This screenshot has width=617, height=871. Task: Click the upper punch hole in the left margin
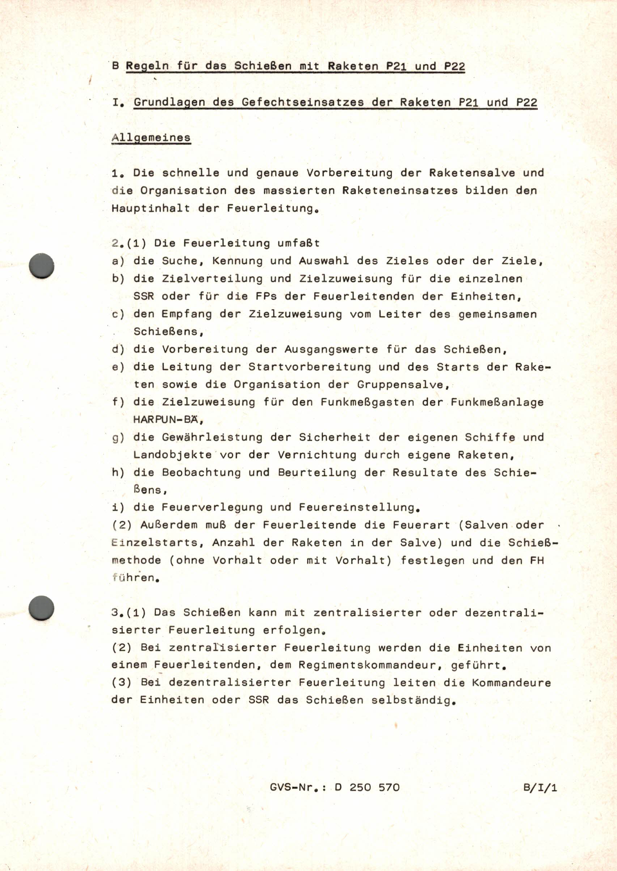(42, 265)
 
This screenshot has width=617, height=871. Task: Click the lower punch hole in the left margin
(42, 608)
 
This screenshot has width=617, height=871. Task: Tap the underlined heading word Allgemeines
(151, 138)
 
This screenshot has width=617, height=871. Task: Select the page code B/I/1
(540, 787)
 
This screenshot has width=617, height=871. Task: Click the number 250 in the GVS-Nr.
(360, 787)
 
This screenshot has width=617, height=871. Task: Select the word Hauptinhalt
(151, 208)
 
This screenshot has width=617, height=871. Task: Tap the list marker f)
(118, 402)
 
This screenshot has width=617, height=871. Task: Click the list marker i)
(118, 507)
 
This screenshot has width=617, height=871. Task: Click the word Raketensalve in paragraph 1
(472, 173)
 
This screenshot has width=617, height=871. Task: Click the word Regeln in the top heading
(147, 66)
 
